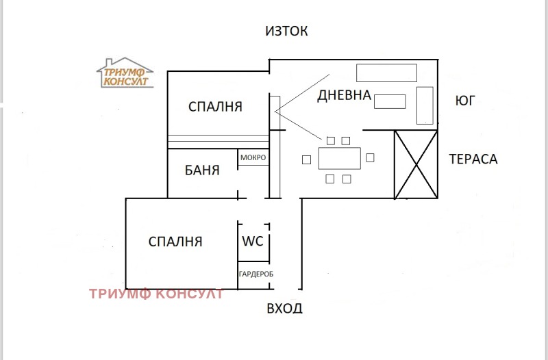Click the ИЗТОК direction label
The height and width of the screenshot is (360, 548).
click(x=287, y=31)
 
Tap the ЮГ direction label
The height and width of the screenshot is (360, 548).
click(x=464, y=101)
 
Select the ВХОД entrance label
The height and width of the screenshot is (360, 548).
click(x=284, y=308)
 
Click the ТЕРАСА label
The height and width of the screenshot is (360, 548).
click(x=473, y=159)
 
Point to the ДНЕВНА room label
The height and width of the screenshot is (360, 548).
click(x=344, y=96)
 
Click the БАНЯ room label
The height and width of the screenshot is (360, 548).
click(x=203, y=170)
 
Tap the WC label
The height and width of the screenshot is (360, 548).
click(x=253, y=241)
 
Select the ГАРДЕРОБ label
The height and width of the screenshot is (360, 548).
click(x=256, y=274)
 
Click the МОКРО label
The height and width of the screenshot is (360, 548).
click(x=253, y=158)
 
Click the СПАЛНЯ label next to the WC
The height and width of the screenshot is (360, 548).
click(x=176, y=241)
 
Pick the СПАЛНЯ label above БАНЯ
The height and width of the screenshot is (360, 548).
click(x=216, y=107)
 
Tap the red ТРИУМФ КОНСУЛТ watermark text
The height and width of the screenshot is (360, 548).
click(x=156, y=294)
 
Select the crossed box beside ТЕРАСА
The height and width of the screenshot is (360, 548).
click(x=416, y=164)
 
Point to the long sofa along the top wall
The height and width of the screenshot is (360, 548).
click(x=386, y=73)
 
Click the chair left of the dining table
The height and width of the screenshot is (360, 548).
click(x=306, y=159)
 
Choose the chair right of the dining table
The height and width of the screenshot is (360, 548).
click(x=371, y=158)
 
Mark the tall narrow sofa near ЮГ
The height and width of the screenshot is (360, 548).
click(x=425, y=105)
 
